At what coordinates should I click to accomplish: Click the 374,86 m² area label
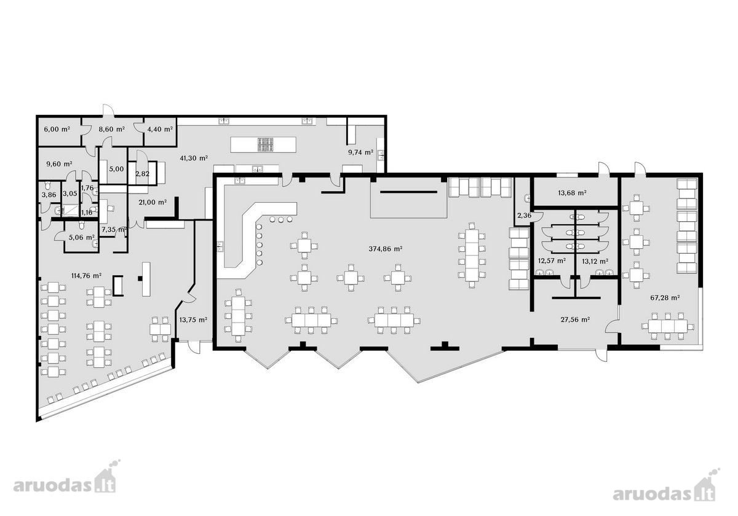point(386,249)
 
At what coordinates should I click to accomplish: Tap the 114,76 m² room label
point(86,276)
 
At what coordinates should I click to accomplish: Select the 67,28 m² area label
point(665,298)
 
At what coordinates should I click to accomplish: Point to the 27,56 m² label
point(575,319)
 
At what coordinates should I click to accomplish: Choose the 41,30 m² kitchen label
point(194,158)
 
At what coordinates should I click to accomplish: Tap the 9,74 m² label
point(361,152)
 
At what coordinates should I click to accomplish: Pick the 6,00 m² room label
point(57,129)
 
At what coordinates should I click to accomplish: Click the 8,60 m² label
point(112,129)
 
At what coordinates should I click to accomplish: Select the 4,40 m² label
point(160,129)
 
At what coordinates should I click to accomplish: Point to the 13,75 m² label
point(193,319)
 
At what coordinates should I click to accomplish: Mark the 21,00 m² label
point(153,202)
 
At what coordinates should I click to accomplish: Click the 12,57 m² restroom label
point(552,261)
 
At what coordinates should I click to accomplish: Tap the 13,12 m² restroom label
point(595,262)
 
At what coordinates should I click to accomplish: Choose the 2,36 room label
point(524,216)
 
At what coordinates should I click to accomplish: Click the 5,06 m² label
point(82,237)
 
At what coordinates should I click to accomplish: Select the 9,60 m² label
point(59,163)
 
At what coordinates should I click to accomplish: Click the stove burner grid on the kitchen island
point(266,145)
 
